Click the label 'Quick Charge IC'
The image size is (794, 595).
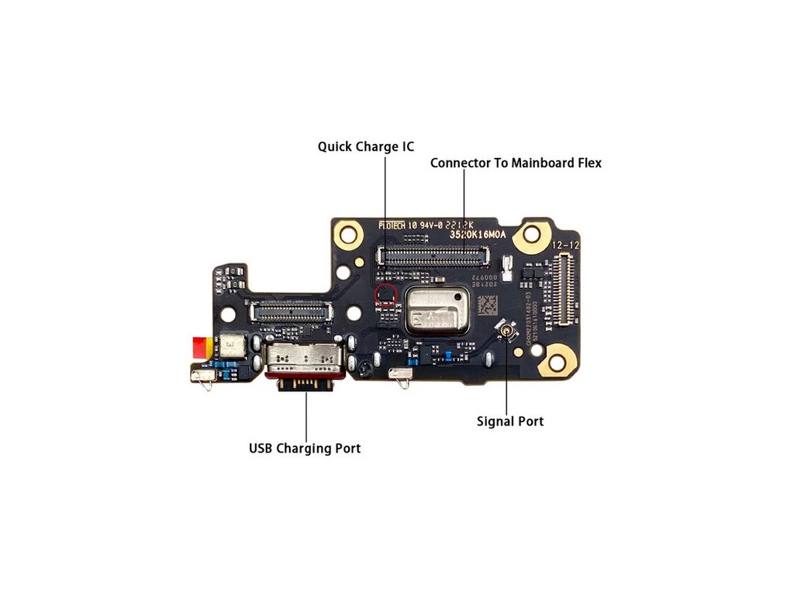tap(366, 146)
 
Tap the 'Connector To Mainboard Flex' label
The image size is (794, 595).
tap(516, 163)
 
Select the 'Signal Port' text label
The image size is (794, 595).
tap(509, 421)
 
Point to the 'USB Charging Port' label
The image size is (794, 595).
tap(304, 449)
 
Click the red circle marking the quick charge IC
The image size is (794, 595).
tap(385, 294)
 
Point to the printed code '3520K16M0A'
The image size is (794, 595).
tap(478, 233)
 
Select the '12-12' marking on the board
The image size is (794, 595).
tap(564, 244)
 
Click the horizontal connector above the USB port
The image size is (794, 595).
tap(288, 311)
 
